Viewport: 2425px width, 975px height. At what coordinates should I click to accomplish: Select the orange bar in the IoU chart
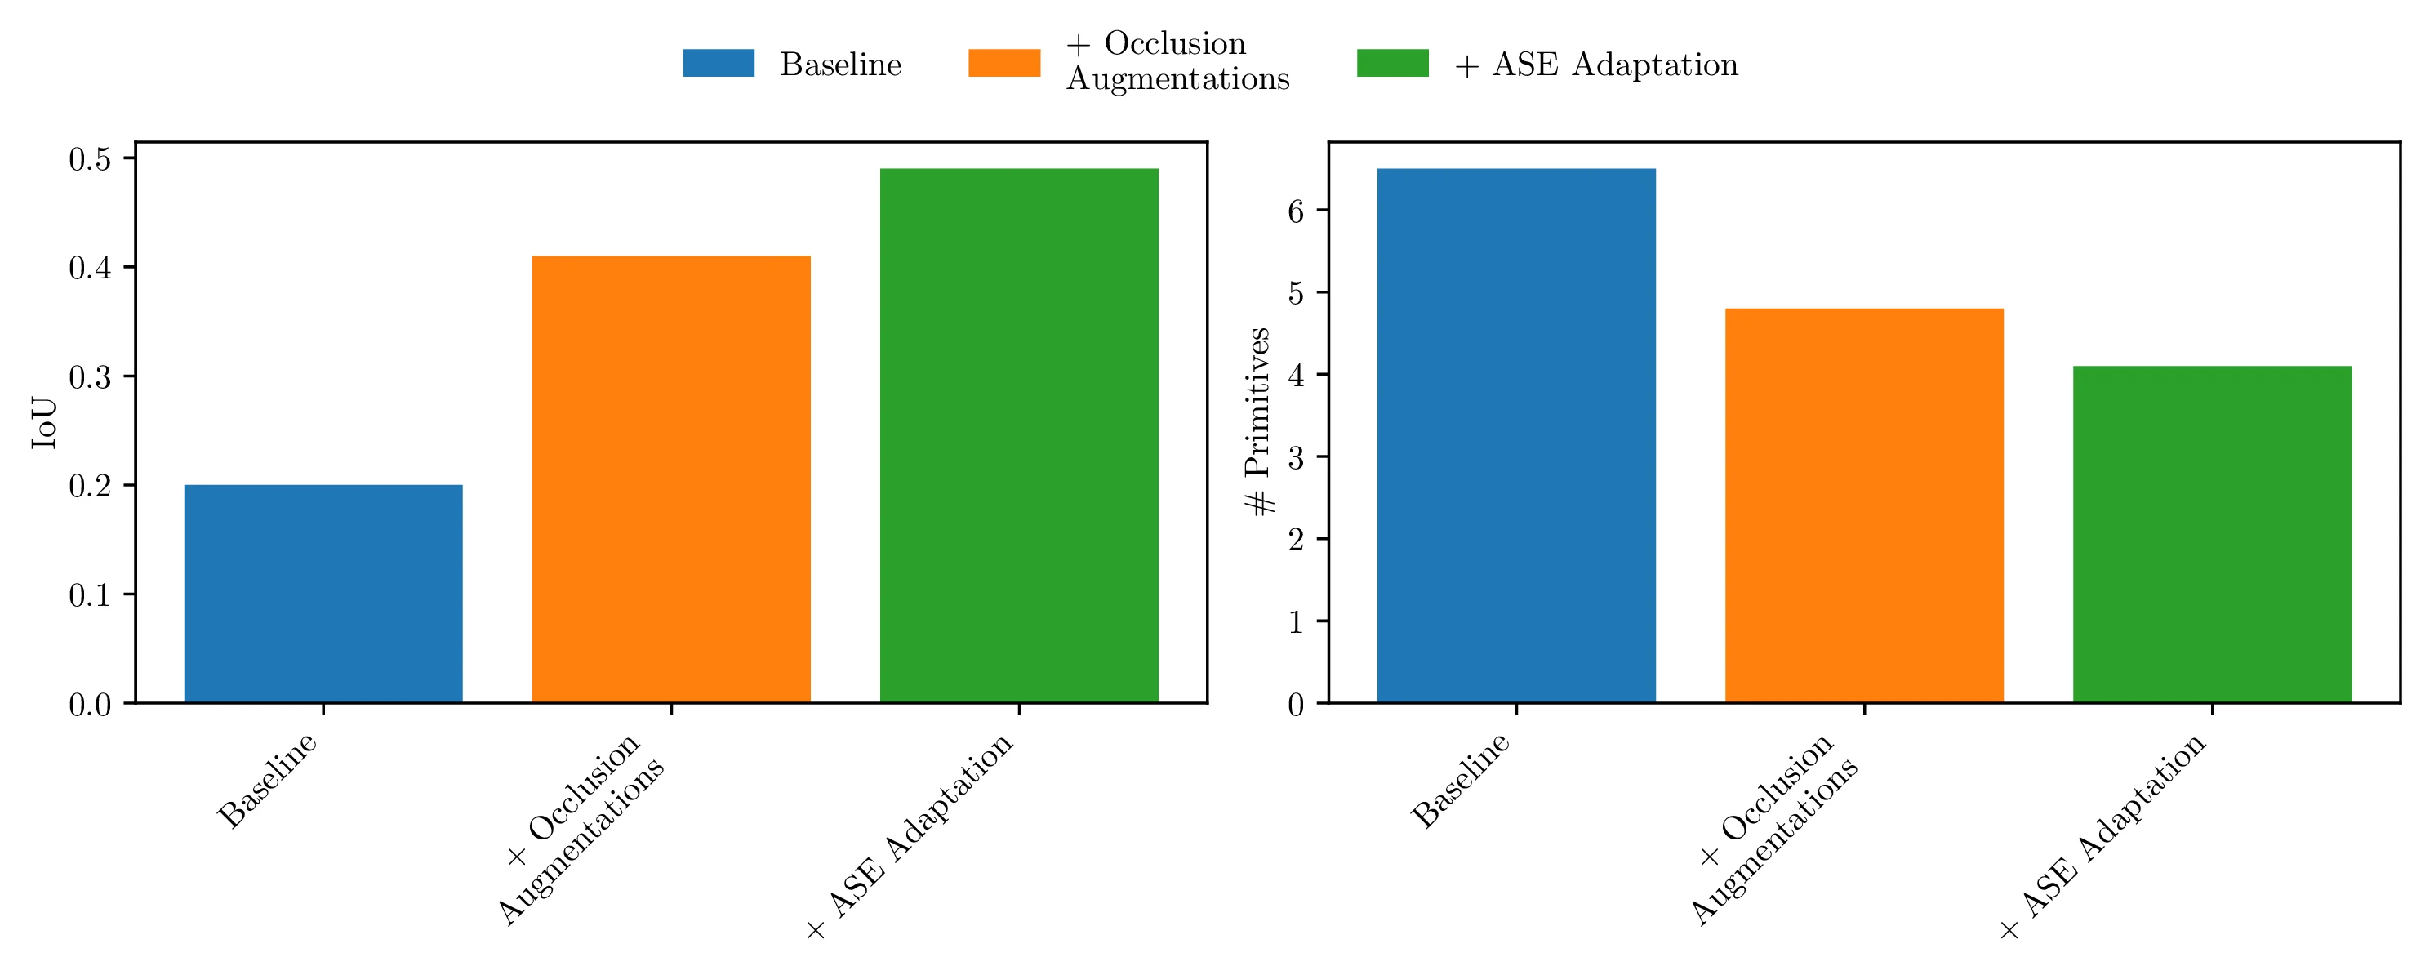point(670,479)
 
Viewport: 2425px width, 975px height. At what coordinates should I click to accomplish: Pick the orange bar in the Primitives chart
point(1864,505)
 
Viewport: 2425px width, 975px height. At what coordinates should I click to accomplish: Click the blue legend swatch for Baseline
point(719,63)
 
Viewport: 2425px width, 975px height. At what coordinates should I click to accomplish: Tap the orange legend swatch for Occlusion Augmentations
point(1003,63)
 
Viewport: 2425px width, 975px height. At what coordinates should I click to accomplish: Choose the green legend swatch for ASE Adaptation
point(1392,63)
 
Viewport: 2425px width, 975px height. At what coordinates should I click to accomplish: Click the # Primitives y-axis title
point(1257,421)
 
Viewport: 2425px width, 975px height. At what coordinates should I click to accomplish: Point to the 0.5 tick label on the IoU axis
point(90,159)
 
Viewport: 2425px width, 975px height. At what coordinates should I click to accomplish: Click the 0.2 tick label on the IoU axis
point(90,486)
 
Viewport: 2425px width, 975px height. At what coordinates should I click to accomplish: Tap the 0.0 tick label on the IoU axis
point(90,704)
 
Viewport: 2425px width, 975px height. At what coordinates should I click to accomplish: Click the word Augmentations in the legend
point(1177,79)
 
